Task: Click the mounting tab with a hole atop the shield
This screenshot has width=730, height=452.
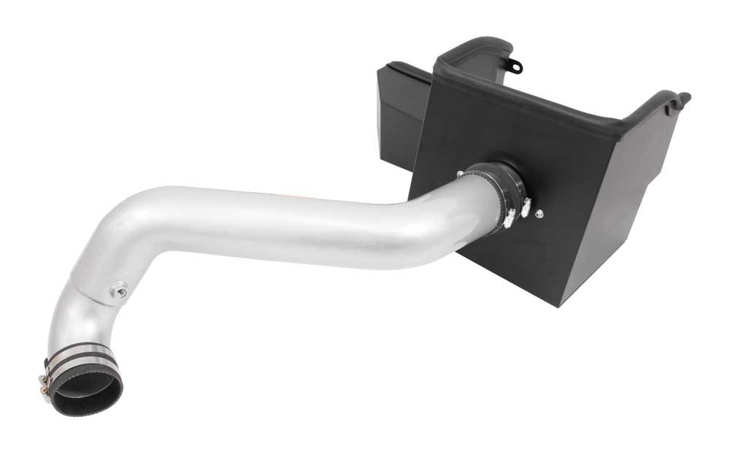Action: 516,66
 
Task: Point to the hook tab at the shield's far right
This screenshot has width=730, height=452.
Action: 683,96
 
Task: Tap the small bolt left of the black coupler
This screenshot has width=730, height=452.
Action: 460,173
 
